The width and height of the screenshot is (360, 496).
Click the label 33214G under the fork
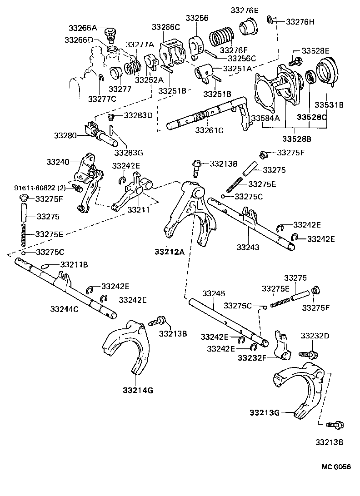[x=138, y=390]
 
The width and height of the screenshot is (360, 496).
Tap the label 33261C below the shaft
[x=210, y=130]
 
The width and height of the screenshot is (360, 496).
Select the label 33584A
[x=266, y=118]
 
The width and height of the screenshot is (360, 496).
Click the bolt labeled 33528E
[x=293, y=60]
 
